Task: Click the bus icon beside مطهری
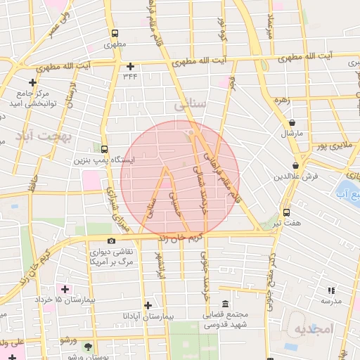[115, 33]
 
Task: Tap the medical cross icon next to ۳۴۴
[130, 66]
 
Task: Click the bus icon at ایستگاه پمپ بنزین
[104, 149]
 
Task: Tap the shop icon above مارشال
[292, 122]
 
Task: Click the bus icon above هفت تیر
[287, 212]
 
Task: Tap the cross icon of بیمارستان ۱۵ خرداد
[66, 289]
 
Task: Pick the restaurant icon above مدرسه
[331, 290]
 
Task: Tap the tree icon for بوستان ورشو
[88, 347]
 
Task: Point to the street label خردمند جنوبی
[205, 278]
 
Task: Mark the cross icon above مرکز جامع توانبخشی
[32, 82]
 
